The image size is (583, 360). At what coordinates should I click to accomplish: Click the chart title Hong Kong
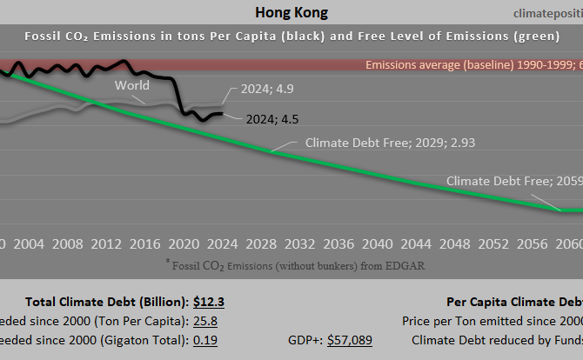coord(291,12)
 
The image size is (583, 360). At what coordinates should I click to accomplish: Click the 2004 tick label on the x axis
coord(29,243)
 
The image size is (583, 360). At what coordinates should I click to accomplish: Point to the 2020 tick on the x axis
coord(184,243)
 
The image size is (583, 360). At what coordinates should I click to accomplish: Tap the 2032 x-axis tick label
coord(299,243)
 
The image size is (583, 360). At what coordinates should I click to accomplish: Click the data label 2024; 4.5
coord(272,119)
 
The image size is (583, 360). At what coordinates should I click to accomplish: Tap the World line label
coord(132,85)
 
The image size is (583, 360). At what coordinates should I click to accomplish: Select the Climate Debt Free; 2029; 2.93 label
coord(389,143)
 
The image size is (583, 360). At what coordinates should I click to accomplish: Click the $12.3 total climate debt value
coord(210,302)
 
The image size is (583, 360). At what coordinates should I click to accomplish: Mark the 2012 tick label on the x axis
coord(106,243)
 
